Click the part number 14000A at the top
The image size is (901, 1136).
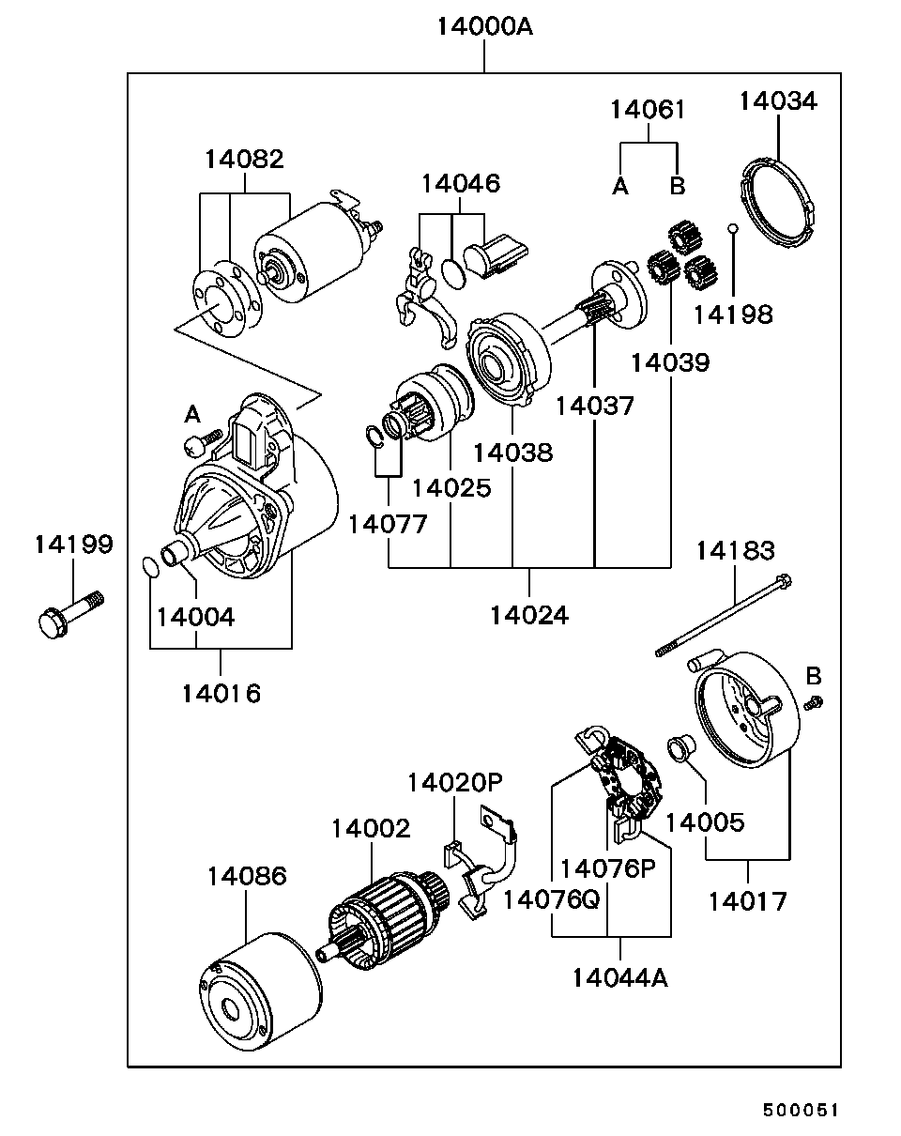coord(484,26)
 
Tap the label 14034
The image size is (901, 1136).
coord(778,101)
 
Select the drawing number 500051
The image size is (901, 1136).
coord(799,1110)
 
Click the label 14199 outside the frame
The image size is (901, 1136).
coord(74,545)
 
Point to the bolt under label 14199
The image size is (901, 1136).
coord(69,612)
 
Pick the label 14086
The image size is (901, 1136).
coord(247,877)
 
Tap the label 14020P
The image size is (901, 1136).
coord(455,783)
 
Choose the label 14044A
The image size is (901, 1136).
coord(620,977)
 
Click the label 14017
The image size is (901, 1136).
coord(747,901)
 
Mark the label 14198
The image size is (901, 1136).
coord(733,315)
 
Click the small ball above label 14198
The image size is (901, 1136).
coord(733,228)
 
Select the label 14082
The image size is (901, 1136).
coord(244,159)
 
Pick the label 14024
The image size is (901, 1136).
coord(528,615)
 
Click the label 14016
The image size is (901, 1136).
coord(221,693)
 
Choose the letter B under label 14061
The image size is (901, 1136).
coord(677,186)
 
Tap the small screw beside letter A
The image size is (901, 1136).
coord(204,439)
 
